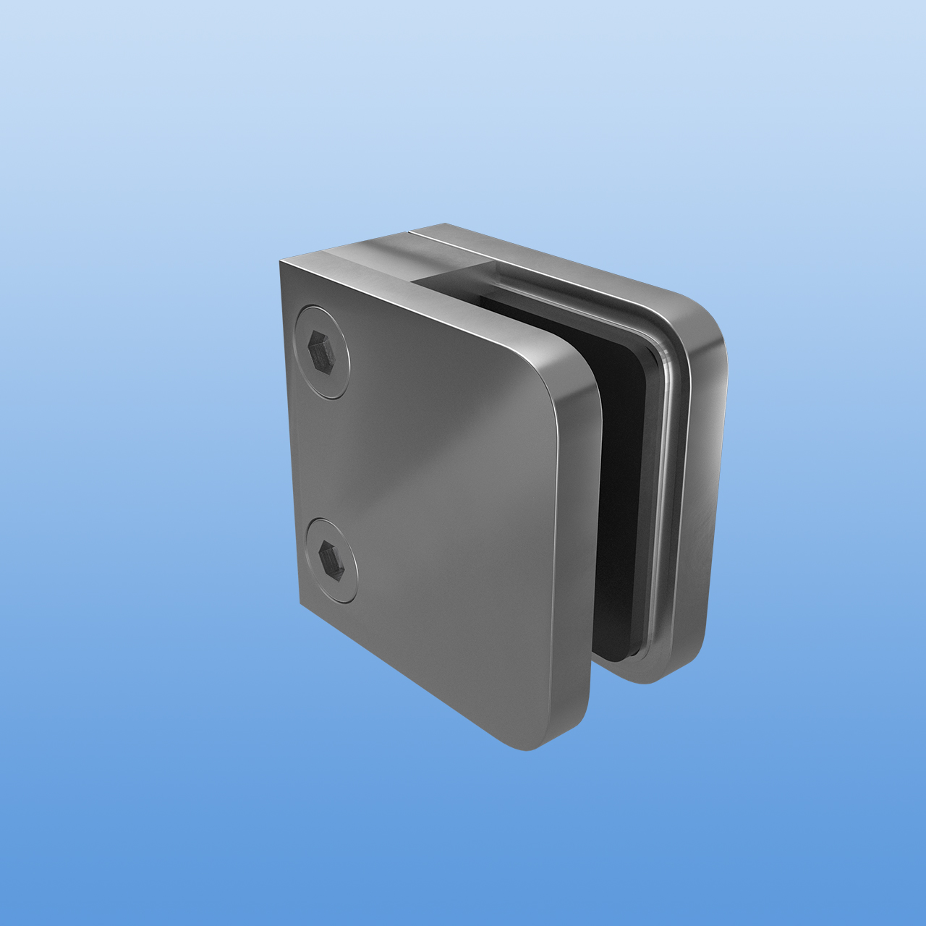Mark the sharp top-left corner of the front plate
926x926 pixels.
(279, 259)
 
